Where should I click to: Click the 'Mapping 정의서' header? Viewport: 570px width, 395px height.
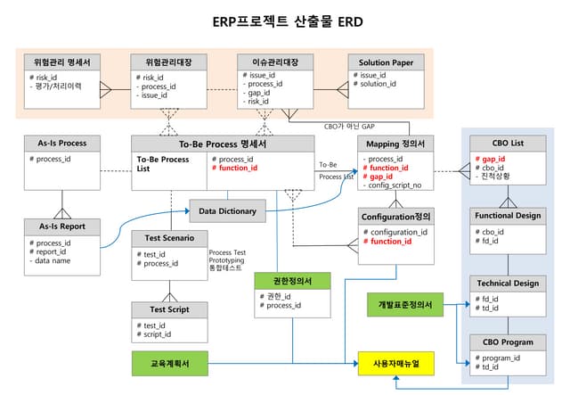point(395,144)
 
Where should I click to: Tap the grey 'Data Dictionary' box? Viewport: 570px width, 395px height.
point(227,211)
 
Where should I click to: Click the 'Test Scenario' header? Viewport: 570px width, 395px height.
point(169,237)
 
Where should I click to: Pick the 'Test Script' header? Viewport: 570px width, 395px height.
point(169,309)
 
